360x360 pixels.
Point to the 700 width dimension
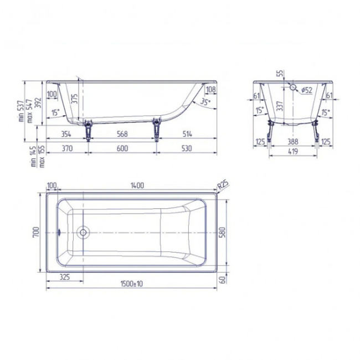click(36, 233)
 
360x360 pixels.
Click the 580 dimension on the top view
click(223, 233)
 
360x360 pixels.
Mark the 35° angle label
click(205, 102)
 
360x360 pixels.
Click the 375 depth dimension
click(74, 100)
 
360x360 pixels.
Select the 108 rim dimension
click(210, 90)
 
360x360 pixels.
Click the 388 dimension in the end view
click(293, 142)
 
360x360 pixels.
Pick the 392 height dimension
click(38, 103)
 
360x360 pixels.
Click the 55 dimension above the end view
click(280, 73)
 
